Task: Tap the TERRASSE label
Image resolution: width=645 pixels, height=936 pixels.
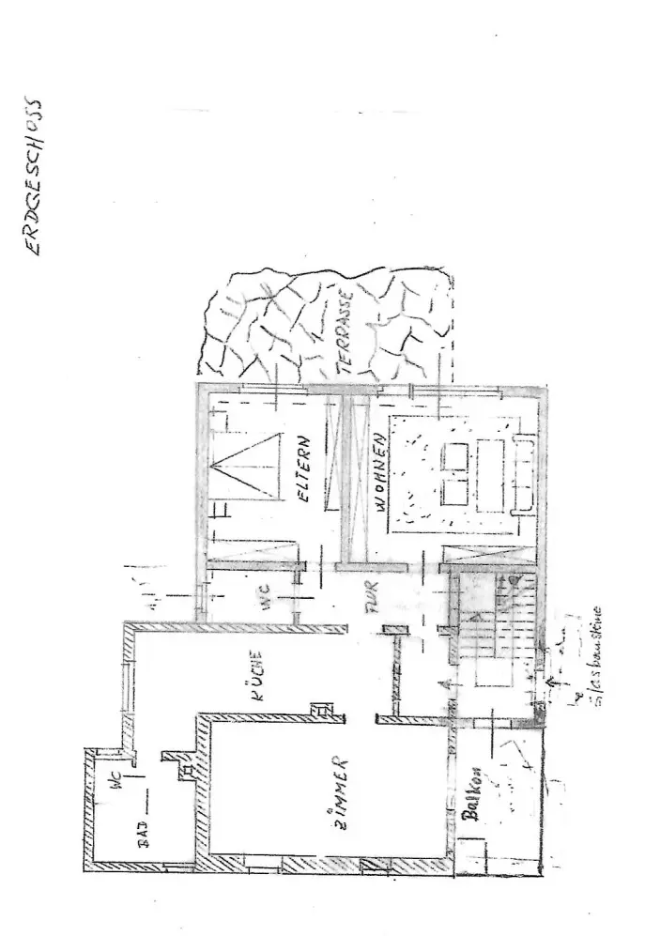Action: click(345, 333)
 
